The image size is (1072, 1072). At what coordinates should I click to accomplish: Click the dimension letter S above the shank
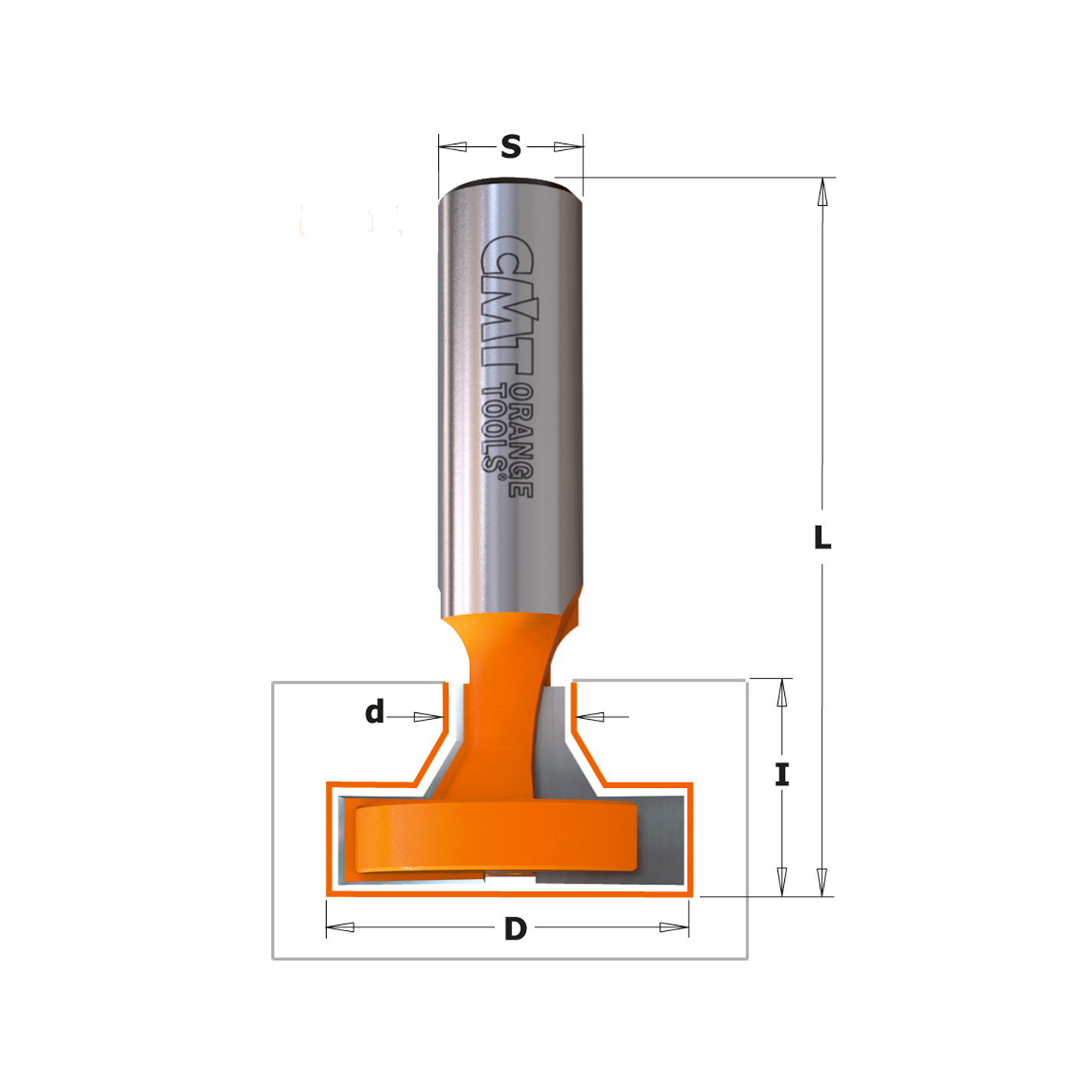pyautogui.click(x=511, y=146)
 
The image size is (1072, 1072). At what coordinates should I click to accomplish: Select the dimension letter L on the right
pyautogui.click(x=822, y=538)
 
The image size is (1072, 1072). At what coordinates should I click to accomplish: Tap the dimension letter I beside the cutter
pyautogui.click(x=782, y=775)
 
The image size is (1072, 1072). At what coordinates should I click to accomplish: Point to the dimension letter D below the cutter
pyautogui.click(x=515, y=929)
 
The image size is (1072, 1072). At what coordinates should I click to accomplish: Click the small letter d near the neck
pyautogui.click(x=374, y=712)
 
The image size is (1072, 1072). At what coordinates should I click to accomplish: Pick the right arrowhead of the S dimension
pyautogui.click(x=568, y=146)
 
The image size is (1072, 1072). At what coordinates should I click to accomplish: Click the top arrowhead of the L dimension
pyautogui.click(x=823, y=192)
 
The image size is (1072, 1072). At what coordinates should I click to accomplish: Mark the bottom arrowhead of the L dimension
pyautogui.click(x=822, y=882)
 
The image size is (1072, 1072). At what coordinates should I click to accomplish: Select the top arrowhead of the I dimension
pyautogui.click(x=782, y=694)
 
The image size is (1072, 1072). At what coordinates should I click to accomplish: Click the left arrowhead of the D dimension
pyautogui.click(x=341, y=927)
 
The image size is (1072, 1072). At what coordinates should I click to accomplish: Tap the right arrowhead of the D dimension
pyautogui.click(x=674, y=927)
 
